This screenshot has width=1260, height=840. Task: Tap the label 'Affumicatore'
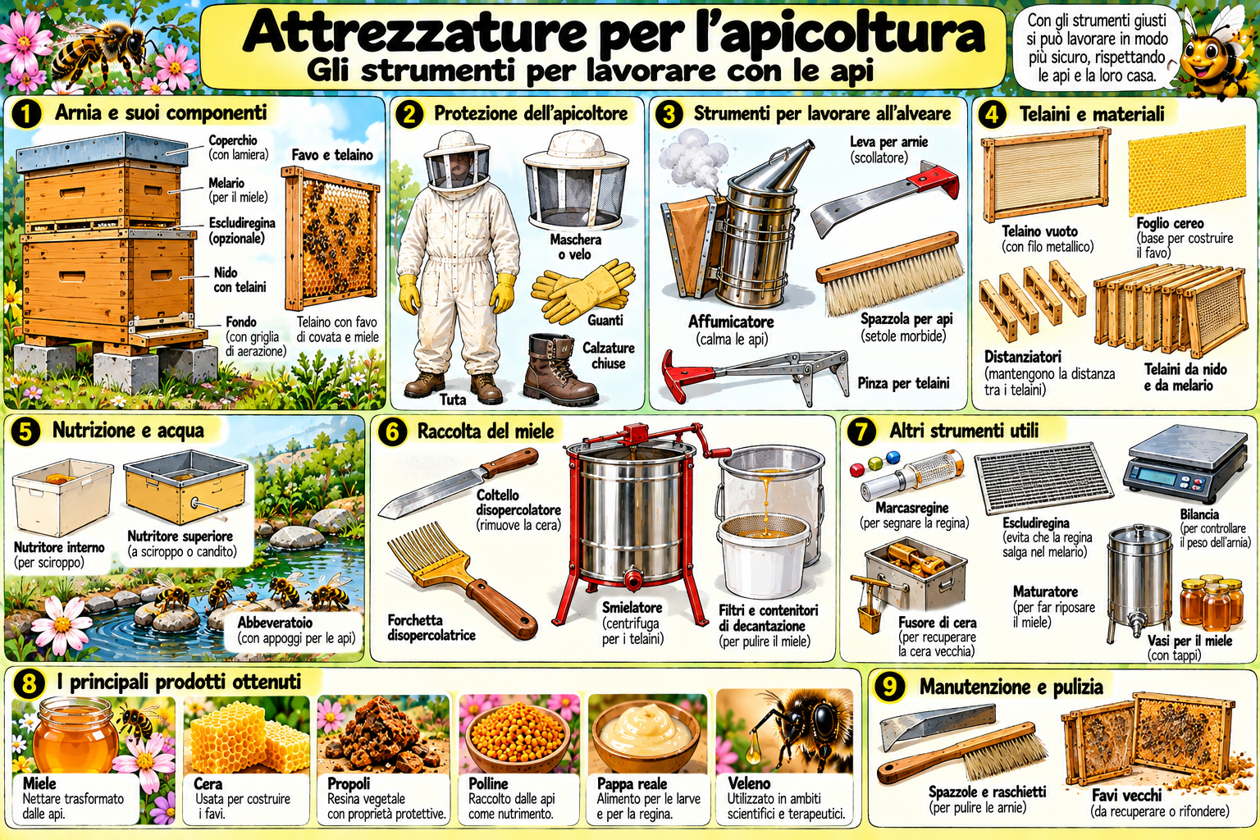coord(731,322)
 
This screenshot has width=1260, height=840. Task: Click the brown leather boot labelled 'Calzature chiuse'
coord(559,368)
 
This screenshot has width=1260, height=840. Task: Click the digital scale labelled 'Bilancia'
coord(1185,464)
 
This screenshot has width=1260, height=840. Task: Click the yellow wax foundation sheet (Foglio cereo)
coord(1187,171)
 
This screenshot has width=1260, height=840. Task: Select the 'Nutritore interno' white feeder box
coord(62,496)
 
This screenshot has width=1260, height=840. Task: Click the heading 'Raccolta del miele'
coord(486,431)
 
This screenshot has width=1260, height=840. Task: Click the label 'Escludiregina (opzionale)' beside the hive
coord(242,231)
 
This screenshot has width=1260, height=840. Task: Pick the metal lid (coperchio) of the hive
coord(101,151)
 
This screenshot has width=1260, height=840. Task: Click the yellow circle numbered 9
coord(889,687)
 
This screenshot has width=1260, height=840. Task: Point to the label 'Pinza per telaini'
coord(903,384)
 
